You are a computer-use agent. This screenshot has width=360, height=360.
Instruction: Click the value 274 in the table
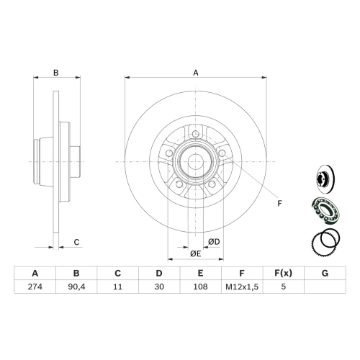(x=35, y=287)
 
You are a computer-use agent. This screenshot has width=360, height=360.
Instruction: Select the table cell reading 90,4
(x=76, y=287)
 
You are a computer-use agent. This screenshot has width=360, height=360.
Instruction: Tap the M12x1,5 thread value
(x=242, y=287)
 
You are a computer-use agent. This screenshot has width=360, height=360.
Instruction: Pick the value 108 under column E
(x=200, y=287)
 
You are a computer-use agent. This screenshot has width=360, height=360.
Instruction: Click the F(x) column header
(x=284, y=273)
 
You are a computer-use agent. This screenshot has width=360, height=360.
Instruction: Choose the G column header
(x=325, y=273)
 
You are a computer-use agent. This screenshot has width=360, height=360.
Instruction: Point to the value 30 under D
(x=159, y=287)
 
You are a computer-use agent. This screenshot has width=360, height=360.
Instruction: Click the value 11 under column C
(x=117, y=287)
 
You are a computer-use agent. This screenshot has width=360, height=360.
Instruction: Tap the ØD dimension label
(x=214, y=242)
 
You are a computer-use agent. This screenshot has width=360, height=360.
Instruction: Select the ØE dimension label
(x=196, y=253)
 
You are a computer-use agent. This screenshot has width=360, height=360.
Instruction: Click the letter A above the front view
(x=196, y=73)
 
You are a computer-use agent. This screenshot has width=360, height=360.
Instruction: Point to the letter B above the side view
(x=56, y=73)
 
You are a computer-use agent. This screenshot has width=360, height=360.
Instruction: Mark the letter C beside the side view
(x=76, y=242)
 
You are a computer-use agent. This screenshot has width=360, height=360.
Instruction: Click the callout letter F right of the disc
(x=279, y=204)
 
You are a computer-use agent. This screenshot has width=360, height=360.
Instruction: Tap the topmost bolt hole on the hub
(x=196, y=134)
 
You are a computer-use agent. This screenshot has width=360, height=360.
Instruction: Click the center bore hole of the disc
(x=196, y=161)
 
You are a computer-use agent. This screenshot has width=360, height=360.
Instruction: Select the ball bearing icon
(x=326, y=210)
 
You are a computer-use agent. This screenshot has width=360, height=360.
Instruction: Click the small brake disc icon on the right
(x=325, y=179)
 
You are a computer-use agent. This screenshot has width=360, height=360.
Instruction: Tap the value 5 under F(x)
(x=284, y=287)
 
